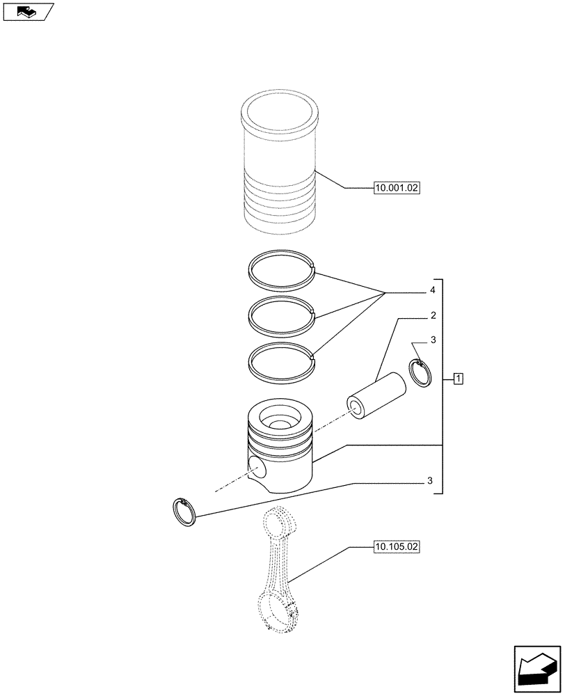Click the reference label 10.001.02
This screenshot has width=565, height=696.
397,188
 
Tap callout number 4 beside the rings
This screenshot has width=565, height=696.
433,290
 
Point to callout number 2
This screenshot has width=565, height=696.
433,316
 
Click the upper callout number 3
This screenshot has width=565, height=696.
433,340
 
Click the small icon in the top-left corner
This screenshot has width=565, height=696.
27,11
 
